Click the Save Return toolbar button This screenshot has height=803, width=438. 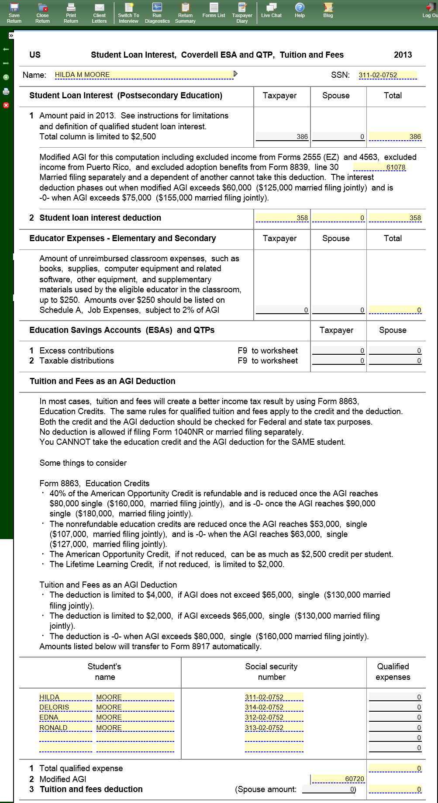pos(14,13)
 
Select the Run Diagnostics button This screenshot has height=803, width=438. pos(157,13)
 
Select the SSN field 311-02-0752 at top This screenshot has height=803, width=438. pos(387,75)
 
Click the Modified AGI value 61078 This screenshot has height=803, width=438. pos(379,167)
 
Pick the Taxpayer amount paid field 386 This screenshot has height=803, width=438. pos(282,137)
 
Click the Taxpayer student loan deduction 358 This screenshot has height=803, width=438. pos(282,218)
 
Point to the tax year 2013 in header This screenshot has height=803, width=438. pos(403,55)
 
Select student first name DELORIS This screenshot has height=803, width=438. pos(65,707)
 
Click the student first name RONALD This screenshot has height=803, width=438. pos(65,728)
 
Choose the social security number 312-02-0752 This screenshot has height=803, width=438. pos(274,717)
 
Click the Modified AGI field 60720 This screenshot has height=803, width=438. pos(338,779)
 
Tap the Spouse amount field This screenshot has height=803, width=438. pos(328,789)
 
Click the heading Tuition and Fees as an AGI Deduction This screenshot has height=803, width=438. pos(102,381)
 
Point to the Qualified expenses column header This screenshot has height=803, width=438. pos(393,671)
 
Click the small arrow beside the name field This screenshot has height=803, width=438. pos(236,74)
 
